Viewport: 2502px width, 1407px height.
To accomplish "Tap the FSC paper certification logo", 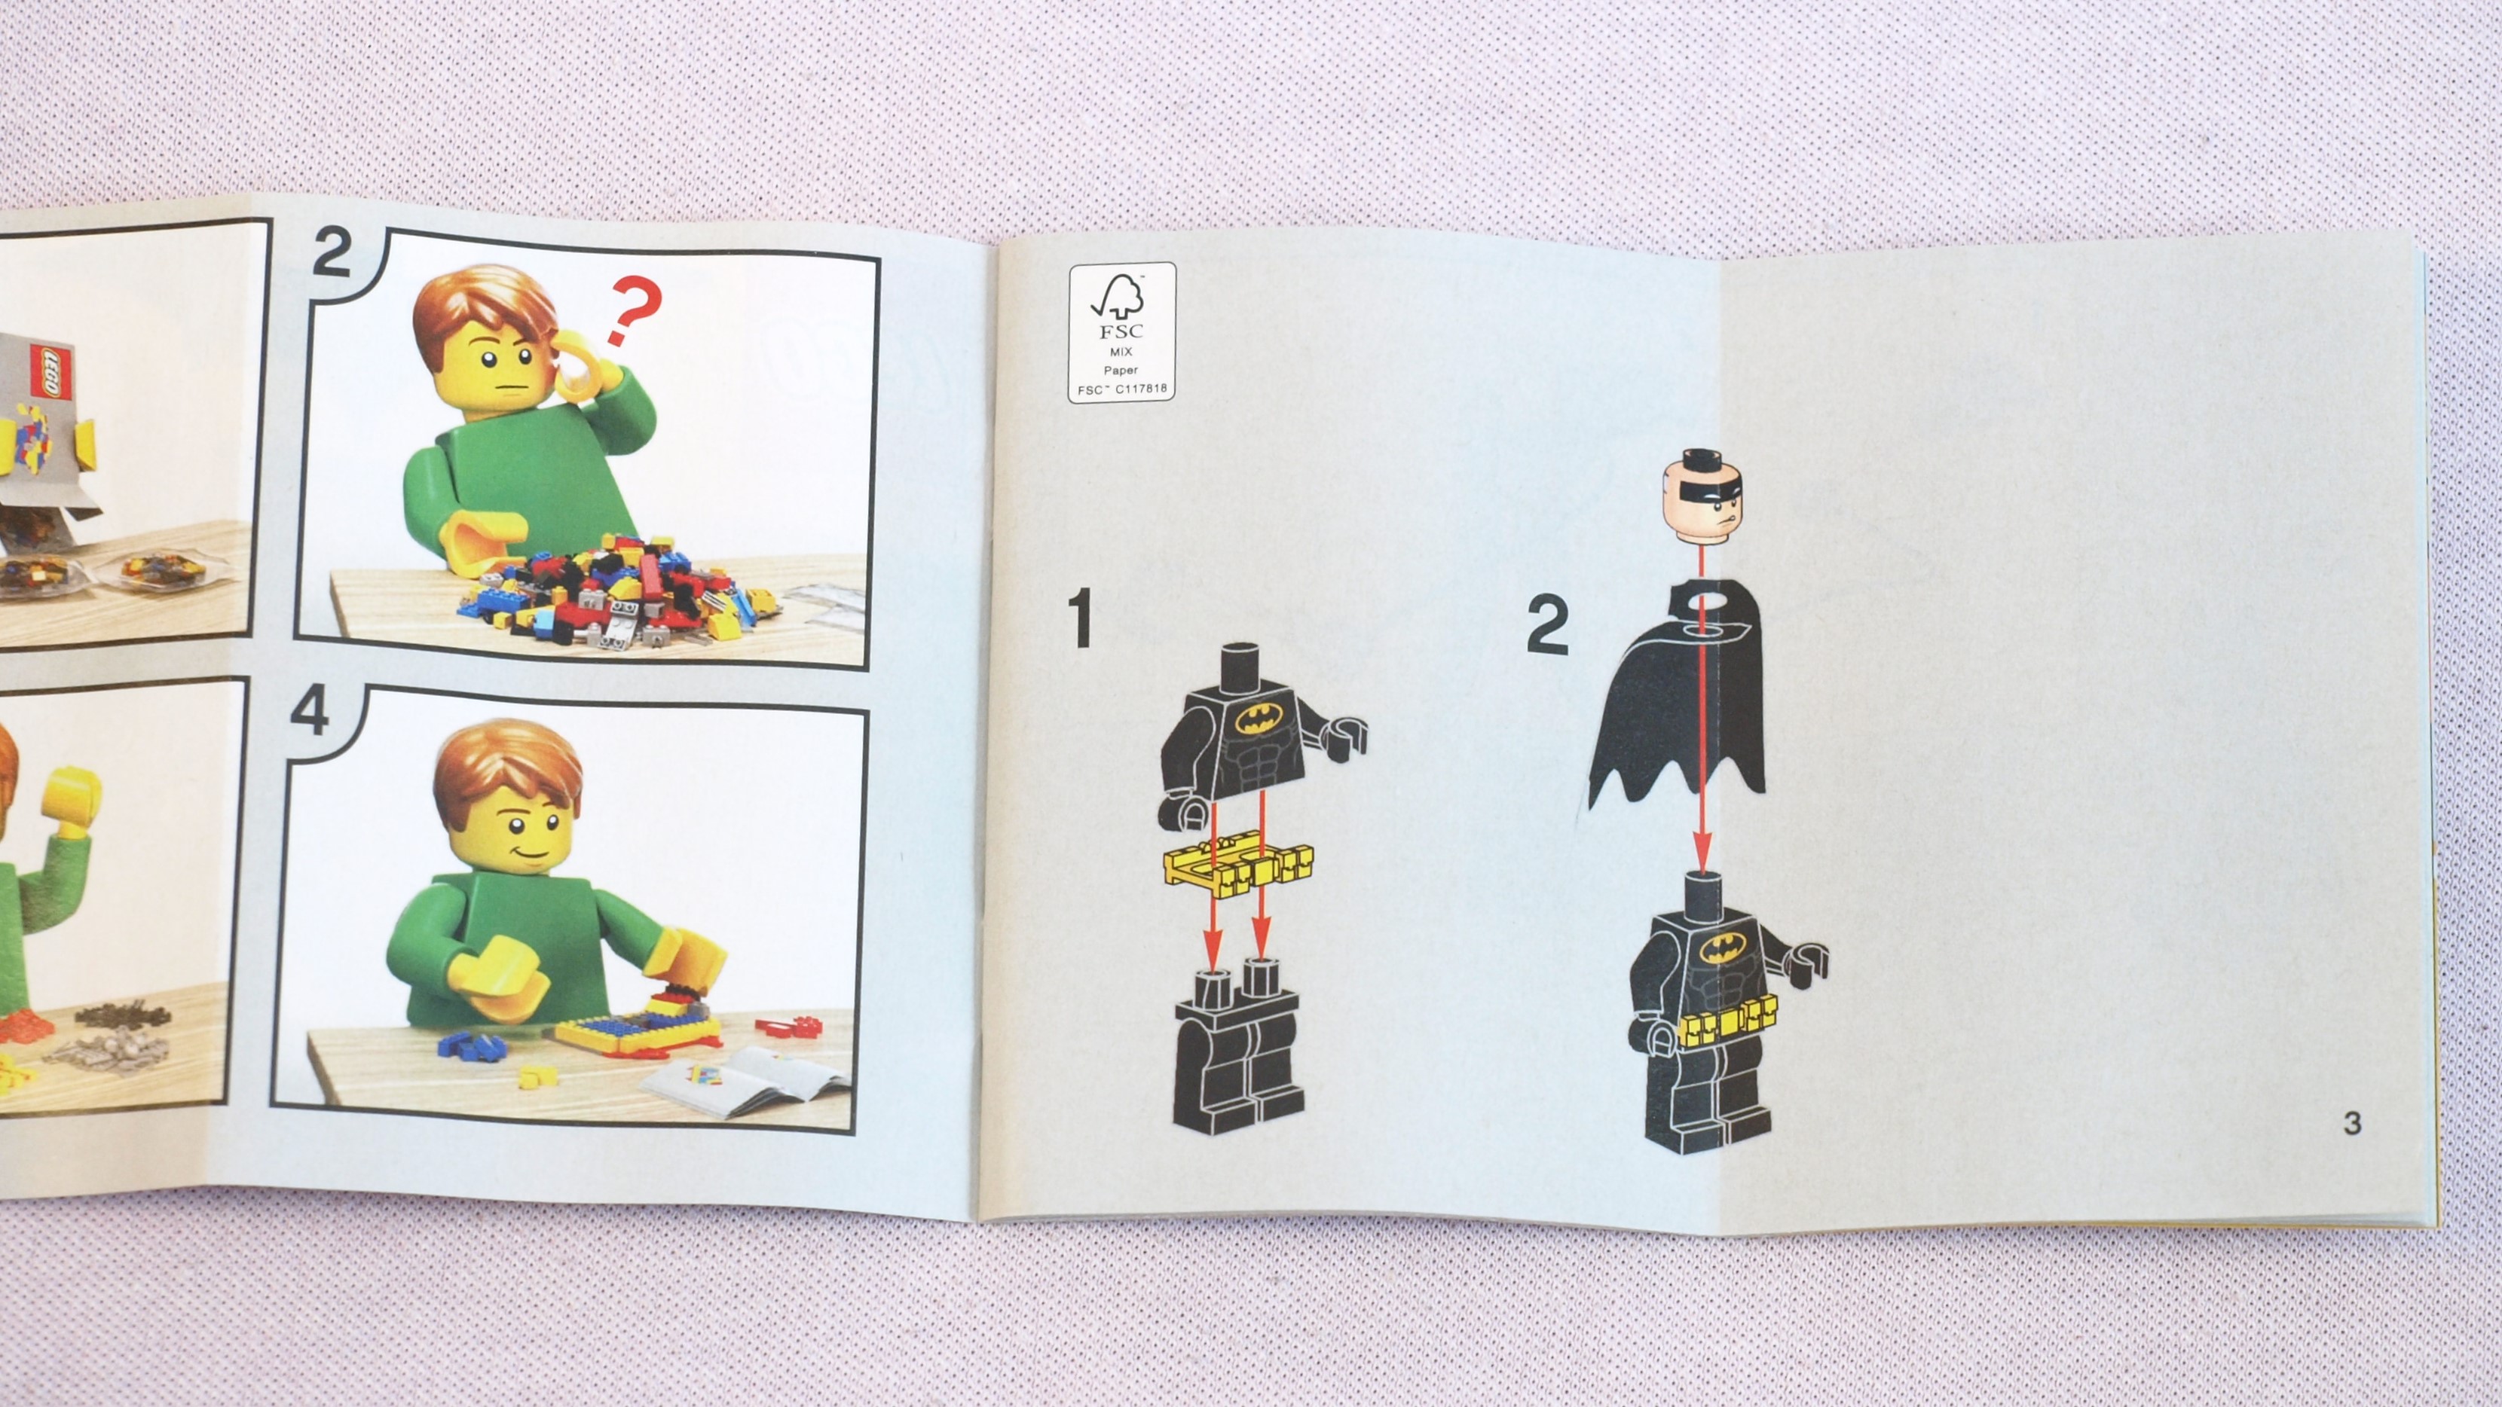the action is point(1122,331).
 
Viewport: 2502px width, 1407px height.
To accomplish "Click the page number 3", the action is point(2351,1122).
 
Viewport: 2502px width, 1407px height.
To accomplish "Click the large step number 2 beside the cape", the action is point(1547,627).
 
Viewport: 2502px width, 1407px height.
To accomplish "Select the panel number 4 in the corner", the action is point(310,716).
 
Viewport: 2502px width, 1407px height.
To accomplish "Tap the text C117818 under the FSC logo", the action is point(1139,389).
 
